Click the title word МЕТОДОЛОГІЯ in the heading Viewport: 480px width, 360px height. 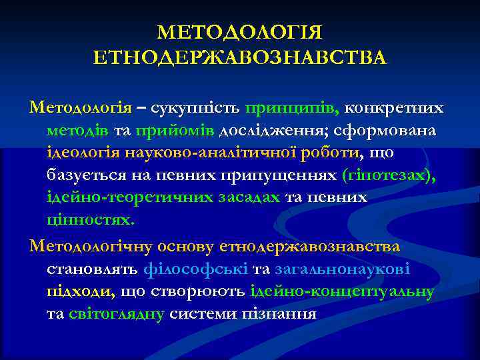(x=240, y=33)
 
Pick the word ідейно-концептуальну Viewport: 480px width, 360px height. (x=342, y=291)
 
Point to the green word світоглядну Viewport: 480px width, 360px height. (x=115, y=314)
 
